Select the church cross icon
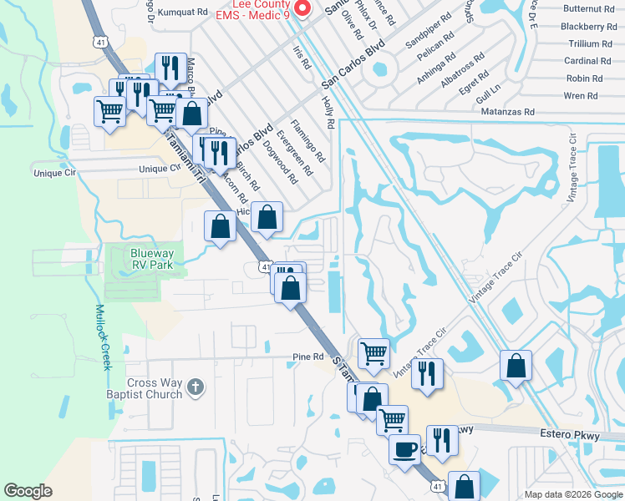(195, 387)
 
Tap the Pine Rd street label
(307, 357)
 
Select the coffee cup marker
(405, 449)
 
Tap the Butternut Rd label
(588, 8)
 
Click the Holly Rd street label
(328, 112)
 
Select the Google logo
(28, 491)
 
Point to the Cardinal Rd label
(587, 61)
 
